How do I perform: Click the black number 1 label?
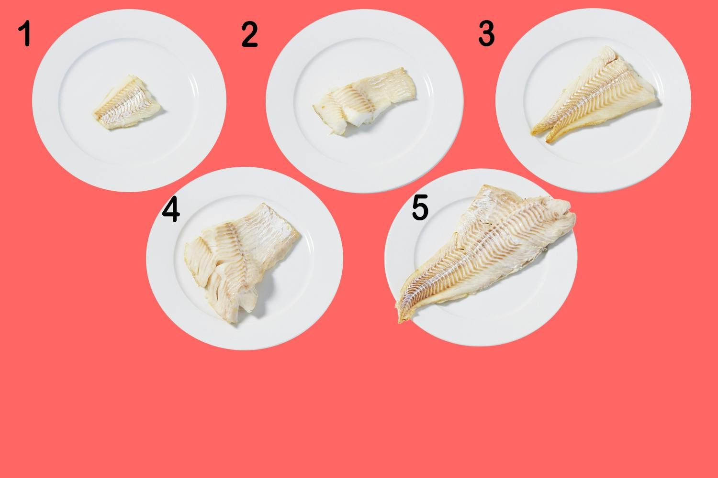(25, 33)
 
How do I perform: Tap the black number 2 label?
(249, 34)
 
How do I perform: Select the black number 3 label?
(486, 33)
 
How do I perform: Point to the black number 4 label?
(171, 209)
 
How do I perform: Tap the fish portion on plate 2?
(364, 99)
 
